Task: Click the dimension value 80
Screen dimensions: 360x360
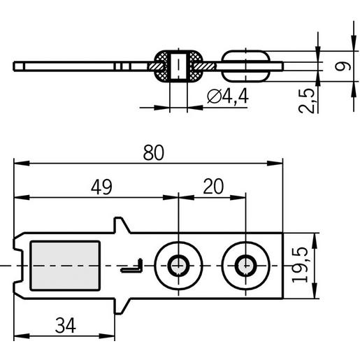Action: tap(154, 152)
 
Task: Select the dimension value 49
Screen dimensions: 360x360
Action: tap(101, 187)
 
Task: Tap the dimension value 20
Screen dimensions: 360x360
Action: tap(213, 187)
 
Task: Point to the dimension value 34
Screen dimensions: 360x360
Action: tap(66, 325)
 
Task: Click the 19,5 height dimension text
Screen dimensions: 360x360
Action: tap(300, 265)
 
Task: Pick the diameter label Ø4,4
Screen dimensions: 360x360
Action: tap(228, 96)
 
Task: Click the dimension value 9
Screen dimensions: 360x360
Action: tap(343, 66)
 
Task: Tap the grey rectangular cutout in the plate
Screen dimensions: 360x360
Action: tap(65, 266)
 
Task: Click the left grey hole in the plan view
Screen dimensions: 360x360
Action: tap(178, 266)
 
